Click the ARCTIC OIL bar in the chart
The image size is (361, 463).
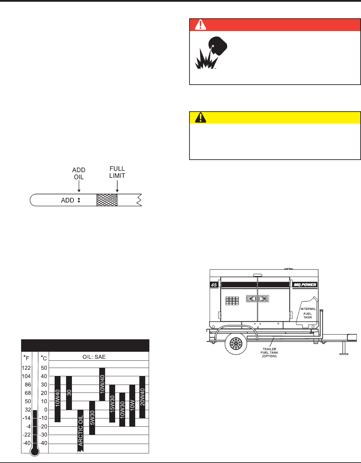pos(80,431)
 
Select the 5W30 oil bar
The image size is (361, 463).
pos(92,418)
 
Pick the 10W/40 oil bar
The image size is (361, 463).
pos(102,384)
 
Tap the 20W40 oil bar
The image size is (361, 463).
pos(142,397)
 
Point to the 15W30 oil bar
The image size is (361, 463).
pos(112,403)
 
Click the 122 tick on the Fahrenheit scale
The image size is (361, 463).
pos(26,368)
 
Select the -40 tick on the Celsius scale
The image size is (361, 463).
pos(43,443)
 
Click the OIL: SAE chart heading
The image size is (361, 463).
pos(94,357)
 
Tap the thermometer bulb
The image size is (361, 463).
pos(35,451)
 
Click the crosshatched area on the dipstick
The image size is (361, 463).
pos(107,200)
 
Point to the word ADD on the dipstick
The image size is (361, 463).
pos(67,200)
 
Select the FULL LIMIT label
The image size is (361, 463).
pos(117,172)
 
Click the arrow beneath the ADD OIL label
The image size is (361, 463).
pos(79,186)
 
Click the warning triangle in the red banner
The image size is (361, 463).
pos(201,25)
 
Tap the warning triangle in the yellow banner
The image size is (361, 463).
pos(201,117)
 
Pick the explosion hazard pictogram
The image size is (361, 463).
pos(211,53)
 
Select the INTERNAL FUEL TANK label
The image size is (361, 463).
pos(308,313)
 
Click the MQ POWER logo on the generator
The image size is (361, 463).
pos(305,285)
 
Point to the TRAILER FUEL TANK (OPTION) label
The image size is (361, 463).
pos(269,352)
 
